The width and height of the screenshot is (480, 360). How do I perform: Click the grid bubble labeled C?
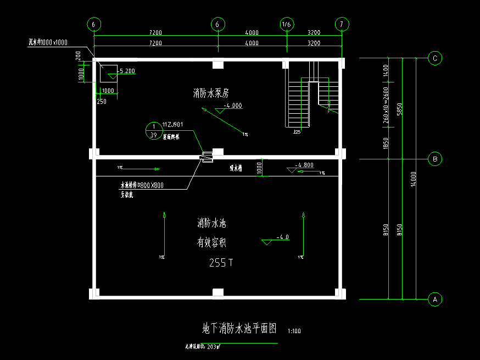tap(435, 58)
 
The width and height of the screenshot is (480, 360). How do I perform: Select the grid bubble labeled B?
tap(435, 159)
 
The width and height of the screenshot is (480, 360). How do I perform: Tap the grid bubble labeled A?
tap(435, 300)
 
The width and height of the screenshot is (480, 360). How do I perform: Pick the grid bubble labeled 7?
tap(342, 24)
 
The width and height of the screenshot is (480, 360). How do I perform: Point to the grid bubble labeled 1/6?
tap(286, 24)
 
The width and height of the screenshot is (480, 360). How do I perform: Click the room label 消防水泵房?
tap(210, 93)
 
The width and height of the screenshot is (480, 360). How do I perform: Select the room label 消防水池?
tap(212, 224)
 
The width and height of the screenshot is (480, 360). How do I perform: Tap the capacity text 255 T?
tap(221, 263)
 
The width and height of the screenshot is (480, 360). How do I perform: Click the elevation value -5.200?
tap(126, 71)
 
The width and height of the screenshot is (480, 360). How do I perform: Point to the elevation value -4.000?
tap(233, 106)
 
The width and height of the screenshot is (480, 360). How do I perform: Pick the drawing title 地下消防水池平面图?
tap(239, 329)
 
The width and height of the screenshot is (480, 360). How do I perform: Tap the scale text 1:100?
tap(293, 331)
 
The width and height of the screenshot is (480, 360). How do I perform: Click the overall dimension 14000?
tap(414, 179)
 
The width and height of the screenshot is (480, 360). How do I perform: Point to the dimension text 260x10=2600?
tap(386, 104)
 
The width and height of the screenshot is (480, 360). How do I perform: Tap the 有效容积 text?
tap(212, 242)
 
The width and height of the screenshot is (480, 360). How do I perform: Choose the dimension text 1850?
tap(386, 144)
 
